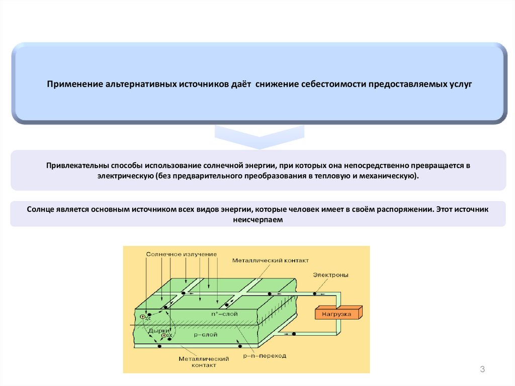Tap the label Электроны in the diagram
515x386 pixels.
(330, 275)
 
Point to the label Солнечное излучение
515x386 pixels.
(182, 254)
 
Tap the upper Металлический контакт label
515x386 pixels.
(271, 261)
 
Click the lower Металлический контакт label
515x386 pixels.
(204, 362)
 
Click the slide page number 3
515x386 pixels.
(482, 370)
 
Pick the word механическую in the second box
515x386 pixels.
(390, 177)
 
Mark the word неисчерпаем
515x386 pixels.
(258, 219)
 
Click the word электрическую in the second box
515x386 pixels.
(126, 177)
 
